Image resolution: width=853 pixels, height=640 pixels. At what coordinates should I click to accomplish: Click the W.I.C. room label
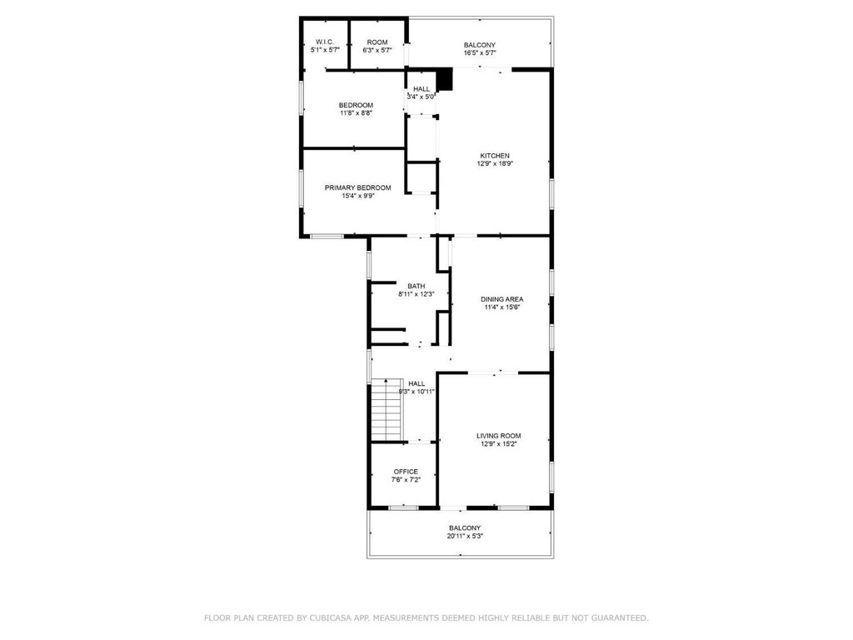click(325, 42)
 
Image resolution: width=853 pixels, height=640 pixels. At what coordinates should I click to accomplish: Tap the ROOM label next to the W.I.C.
click(377, 42)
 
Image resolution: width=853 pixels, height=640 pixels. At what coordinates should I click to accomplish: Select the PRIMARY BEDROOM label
click(358, 187)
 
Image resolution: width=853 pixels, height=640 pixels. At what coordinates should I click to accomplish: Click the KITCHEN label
click(495, 156)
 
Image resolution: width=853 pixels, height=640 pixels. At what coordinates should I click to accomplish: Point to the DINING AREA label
click(502, 299)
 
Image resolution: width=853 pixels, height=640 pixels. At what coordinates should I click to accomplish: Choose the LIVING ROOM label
click(499, 436)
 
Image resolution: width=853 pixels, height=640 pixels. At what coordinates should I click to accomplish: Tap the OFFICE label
click(406, 472)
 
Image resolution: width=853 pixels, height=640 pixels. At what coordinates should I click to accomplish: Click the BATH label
click(417, 287)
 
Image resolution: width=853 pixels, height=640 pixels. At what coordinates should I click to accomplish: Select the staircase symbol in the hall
click(387, 409)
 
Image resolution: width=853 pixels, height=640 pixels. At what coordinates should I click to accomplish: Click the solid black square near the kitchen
click(446, 79)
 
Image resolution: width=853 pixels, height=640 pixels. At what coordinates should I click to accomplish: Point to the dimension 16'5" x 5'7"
click(480, 52)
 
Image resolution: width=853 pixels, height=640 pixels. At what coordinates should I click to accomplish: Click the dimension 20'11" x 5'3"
click(465, 536)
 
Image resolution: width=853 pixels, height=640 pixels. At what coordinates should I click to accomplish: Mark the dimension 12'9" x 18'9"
click(495, 163)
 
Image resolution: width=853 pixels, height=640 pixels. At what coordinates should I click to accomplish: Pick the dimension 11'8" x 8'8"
click(357, 113)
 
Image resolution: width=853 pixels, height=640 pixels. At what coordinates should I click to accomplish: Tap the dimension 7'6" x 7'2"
click(406, 480)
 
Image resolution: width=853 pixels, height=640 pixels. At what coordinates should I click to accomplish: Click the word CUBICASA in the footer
click(328, 617)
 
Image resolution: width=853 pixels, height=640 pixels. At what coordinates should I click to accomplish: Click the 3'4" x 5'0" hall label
click(422, 97)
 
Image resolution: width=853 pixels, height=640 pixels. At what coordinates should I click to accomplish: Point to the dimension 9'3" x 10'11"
click(417, 392)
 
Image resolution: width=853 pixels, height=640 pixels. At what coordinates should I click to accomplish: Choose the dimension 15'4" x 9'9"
click(358, 196)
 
